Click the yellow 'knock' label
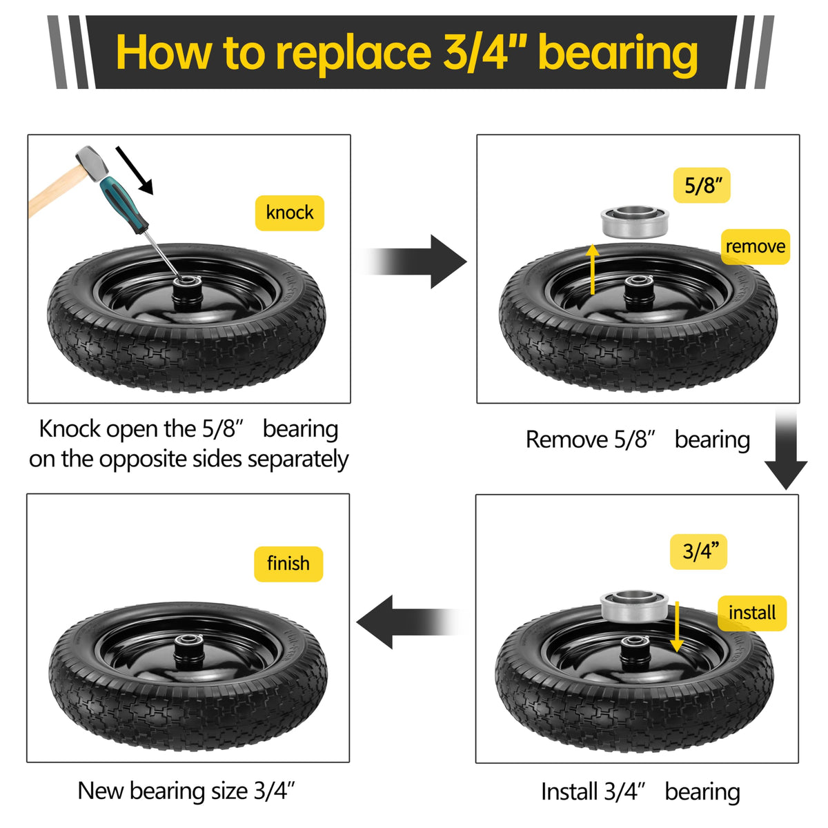coord(289,213)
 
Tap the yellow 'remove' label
coord(755,246)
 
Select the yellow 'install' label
coord(752,613)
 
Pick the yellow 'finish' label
coord(288,564)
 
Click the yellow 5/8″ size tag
coord(701,185)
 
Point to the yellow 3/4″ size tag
coord(698,552)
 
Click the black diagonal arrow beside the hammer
coord(134,170)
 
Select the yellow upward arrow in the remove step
coord(593,269)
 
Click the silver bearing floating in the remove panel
coord(635,221)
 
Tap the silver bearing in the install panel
coord(634,606)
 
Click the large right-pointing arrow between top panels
coord(413,262)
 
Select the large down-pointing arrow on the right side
coord(785,449)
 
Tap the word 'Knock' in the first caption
coord(69,428)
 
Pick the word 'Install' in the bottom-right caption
coord(572,791)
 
